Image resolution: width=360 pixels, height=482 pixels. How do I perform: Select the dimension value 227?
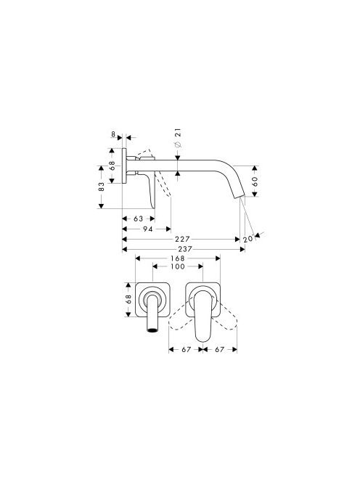tap(183, 239)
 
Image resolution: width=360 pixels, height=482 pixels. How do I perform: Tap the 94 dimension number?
tap(148, 229)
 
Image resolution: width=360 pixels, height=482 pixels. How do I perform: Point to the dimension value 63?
tap(139, 218)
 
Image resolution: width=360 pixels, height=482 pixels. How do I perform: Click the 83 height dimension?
tap(101, 187)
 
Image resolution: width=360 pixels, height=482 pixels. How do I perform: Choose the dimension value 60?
tap(255, 181)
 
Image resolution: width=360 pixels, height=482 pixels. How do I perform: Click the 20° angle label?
tap(248, 239)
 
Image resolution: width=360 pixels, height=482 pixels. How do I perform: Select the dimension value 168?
tap(178, 258)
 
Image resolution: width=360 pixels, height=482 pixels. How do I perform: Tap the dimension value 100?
tap(178, 266)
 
